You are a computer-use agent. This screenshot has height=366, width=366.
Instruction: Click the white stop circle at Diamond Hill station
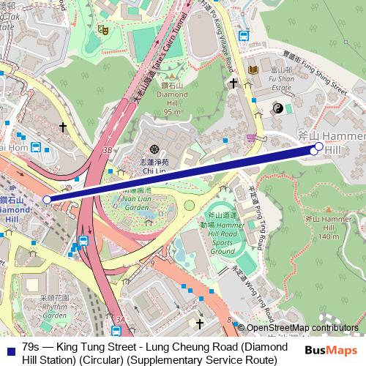click(x=48, y=199)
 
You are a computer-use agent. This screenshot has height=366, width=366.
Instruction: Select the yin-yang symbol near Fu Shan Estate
click(x=277, y=108)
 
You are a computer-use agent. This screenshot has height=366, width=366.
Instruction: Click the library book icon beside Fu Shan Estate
click(x=254, y=70)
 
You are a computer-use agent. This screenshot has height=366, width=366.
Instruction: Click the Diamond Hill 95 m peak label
click(x=172, y=99)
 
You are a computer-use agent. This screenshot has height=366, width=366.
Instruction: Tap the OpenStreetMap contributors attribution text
click(x=303, y=328)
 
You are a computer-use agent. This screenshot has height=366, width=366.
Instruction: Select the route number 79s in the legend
click(x=31, y=346)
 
